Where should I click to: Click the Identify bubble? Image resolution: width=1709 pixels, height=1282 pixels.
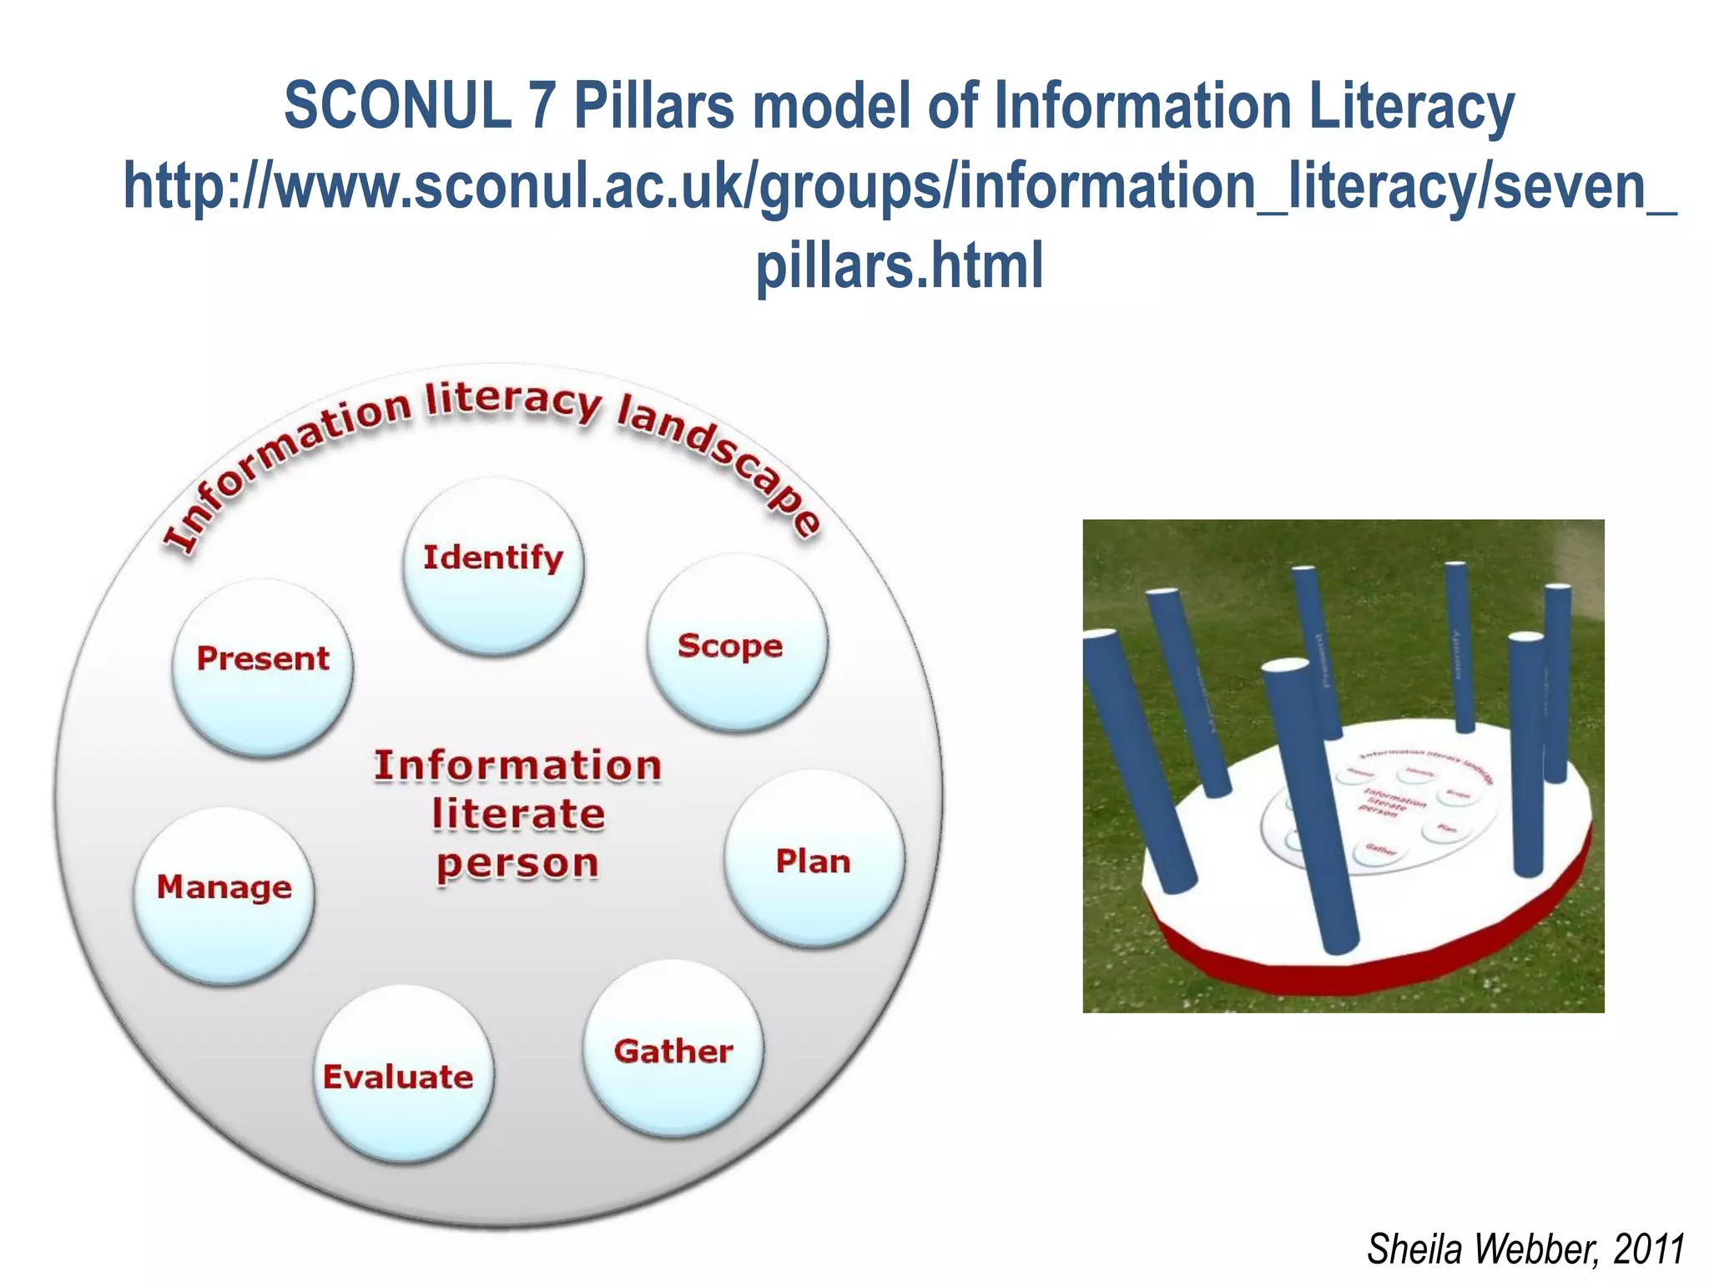493,566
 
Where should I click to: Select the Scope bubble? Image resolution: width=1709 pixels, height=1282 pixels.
738,644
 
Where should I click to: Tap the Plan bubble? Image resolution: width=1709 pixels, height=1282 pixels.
814,859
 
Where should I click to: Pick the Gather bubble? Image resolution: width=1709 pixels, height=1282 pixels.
673,1050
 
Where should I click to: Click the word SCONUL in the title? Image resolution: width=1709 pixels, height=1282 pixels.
397,106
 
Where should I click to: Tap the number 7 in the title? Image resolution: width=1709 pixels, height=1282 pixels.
542,106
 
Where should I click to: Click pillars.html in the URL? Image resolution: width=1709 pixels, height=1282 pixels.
899,265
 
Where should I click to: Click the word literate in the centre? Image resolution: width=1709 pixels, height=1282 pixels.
518,814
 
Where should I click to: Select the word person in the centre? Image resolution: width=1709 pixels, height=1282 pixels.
518,864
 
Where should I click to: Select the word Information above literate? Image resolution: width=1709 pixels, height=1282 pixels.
518,765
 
